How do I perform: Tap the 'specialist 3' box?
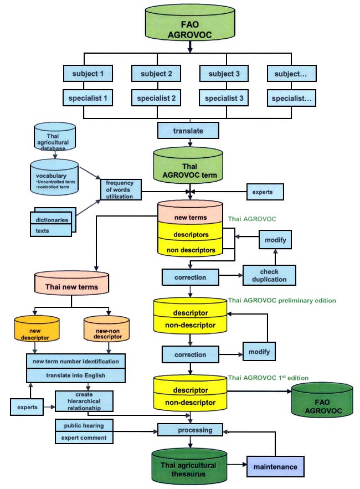point(223,98)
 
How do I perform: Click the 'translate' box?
point(188,131)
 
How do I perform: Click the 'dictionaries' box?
point(50,219)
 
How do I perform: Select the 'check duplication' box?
point(269,275)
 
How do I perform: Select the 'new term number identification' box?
point(76,361)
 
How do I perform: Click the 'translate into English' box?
point(76,375)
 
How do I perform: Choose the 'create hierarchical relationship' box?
point(84,401)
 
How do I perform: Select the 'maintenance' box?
point(275,467)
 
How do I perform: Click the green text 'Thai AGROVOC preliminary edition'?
point(282,301)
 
